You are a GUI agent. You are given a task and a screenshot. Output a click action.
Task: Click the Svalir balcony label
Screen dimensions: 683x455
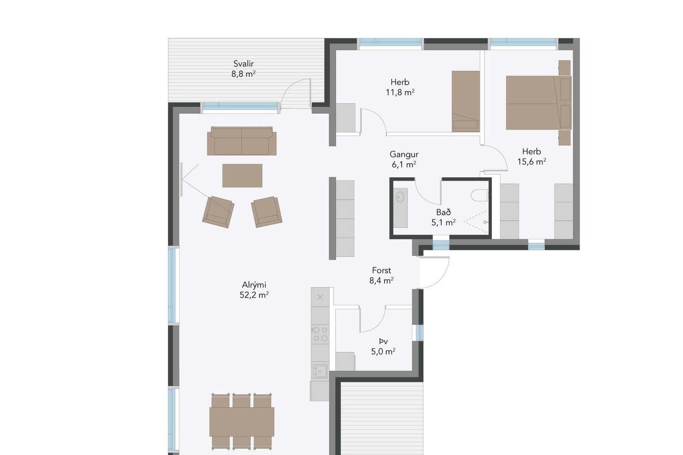[244, 64]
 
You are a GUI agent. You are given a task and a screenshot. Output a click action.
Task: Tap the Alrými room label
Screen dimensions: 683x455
[254, 285]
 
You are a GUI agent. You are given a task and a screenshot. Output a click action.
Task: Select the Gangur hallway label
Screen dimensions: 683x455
[404, 155]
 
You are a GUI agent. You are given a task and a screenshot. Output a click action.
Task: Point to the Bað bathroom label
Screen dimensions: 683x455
[444, 212]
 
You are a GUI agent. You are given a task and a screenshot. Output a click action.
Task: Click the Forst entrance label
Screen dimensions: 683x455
[381, 271]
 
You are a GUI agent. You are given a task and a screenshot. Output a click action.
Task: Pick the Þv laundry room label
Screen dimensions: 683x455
[383, 342]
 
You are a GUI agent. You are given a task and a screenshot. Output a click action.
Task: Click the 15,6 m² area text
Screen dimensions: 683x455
[532, 162]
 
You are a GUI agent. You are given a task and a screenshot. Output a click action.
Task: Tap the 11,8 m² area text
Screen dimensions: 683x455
[400, 92]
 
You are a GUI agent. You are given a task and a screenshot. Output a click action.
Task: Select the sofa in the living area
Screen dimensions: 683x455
[242, 141]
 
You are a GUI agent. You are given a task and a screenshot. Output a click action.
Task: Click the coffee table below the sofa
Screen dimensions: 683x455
[242, 175]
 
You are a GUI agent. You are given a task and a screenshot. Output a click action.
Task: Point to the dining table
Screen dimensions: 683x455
[242, 422]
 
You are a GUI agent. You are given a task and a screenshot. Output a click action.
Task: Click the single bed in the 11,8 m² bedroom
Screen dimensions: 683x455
[466, 101]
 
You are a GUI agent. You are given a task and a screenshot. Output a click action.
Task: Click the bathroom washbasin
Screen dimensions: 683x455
[400, 197]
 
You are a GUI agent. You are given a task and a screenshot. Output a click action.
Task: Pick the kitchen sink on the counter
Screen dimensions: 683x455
[320, 371]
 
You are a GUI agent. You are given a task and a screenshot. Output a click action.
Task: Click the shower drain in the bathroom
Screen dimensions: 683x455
[485, 222]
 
